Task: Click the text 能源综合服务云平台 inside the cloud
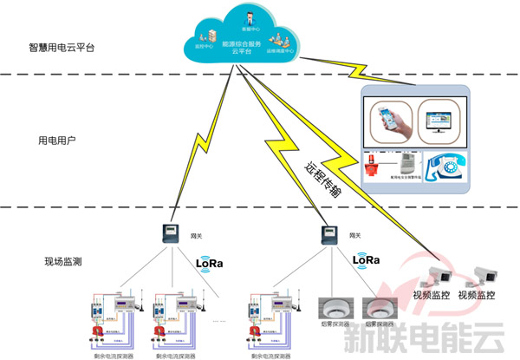242,46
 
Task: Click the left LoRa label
211,262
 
